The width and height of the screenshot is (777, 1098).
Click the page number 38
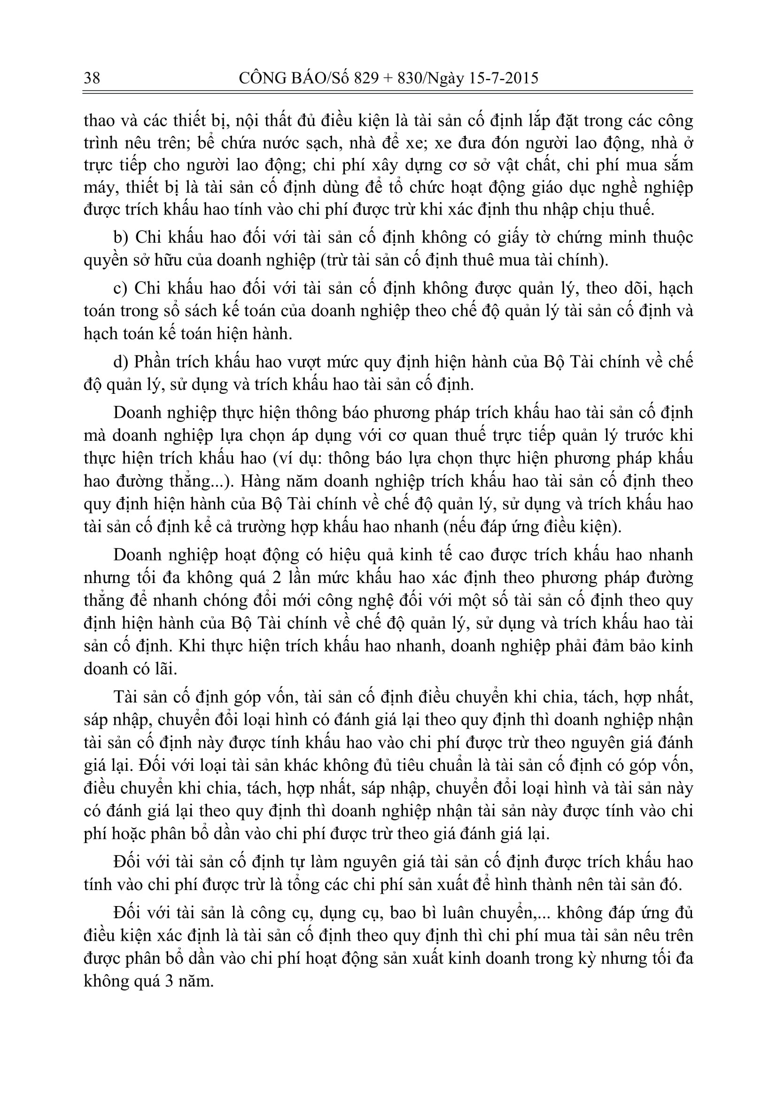92,78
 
